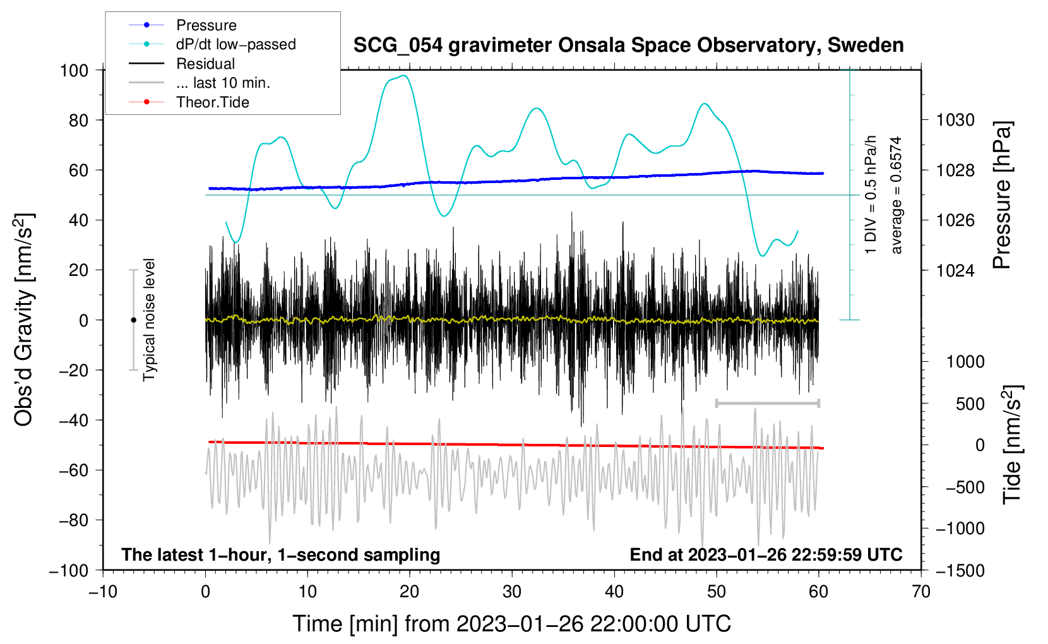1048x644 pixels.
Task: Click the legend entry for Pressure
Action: [x=206, y=25]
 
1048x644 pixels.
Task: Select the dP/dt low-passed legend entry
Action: [x=235, y=44]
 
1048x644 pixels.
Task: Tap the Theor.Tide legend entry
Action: [x=212, y=102]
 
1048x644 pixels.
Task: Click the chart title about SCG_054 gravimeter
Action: [x=628, y=45]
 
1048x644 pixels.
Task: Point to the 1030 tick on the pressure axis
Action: [x=955, y=120]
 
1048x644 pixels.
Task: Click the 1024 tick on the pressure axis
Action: [x=955, y=270]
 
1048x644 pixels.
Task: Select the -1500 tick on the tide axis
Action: [x=960, y=570]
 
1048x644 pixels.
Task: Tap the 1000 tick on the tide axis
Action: [x=965, y=361]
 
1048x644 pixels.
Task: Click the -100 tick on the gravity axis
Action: [x=69, y=570]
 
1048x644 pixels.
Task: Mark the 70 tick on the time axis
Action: [x=921, y=592]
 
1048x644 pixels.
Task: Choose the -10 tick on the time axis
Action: [x=103, y=592]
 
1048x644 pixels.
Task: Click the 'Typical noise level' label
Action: [x=149, y=319]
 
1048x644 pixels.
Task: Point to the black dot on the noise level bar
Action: [x=133, y=320]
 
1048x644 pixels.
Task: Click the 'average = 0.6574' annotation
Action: [x=896, y=195]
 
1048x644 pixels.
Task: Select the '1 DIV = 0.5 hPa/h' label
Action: [x=871, y=195]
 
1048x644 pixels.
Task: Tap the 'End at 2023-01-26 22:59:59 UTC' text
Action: [x=766, y=554]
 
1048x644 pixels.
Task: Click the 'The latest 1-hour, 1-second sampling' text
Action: [x=280, y=554]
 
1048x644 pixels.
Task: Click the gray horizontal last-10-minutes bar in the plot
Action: [x=767, y=403]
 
